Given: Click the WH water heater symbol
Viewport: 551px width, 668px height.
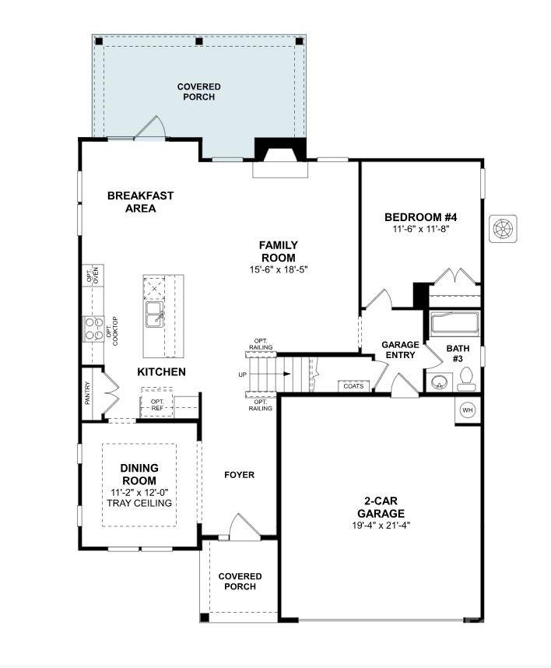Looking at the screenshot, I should point(468,410).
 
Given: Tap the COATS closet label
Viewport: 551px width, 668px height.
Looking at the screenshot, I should point(353,385).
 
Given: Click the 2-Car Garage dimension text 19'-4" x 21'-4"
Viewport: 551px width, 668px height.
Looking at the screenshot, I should point(381,526).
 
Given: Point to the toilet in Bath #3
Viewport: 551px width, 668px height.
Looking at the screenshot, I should point(467,378).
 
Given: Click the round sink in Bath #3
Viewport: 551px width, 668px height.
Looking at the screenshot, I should point(440,382).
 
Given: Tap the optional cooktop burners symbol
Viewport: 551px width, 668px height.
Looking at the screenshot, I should point(93,328).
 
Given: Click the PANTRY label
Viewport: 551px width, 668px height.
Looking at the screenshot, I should point(88,392).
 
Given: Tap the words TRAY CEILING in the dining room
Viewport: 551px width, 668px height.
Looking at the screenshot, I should point(139,503).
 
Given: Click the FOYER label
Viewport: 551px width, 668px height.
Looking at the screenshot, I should point(239,475).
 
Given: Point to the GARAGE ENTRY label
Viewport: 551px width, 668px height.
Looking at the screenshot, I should point(400,350).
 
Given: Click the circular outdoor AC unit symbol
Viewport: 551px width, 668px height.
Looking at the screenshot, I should point(504,229).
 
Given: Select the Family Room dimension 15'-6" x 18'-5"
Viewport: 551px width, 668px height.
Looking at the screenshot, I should point(278,270).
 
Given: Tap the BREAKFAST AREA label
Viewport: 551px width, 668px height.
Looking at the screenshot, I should point(140,202).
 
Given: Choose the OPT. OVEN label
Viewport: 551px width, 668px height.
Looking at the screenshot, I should point(93,276).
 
